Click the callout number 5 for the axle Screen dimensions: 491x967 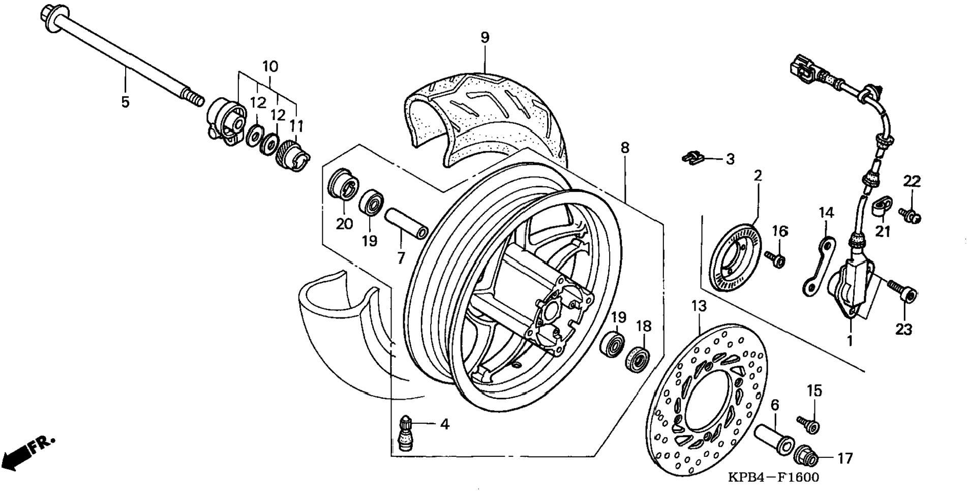125,102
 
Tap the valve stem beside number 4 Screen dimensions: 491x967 405,433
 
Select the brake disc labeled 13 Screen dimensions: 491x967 707,399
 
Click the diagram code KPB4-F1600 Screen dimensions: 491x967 773,477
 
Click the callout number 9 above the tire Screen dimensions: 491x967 485,37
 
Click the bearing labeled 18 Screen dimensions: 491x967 637,360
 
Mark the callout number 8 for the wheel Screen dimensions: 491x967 624,148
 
